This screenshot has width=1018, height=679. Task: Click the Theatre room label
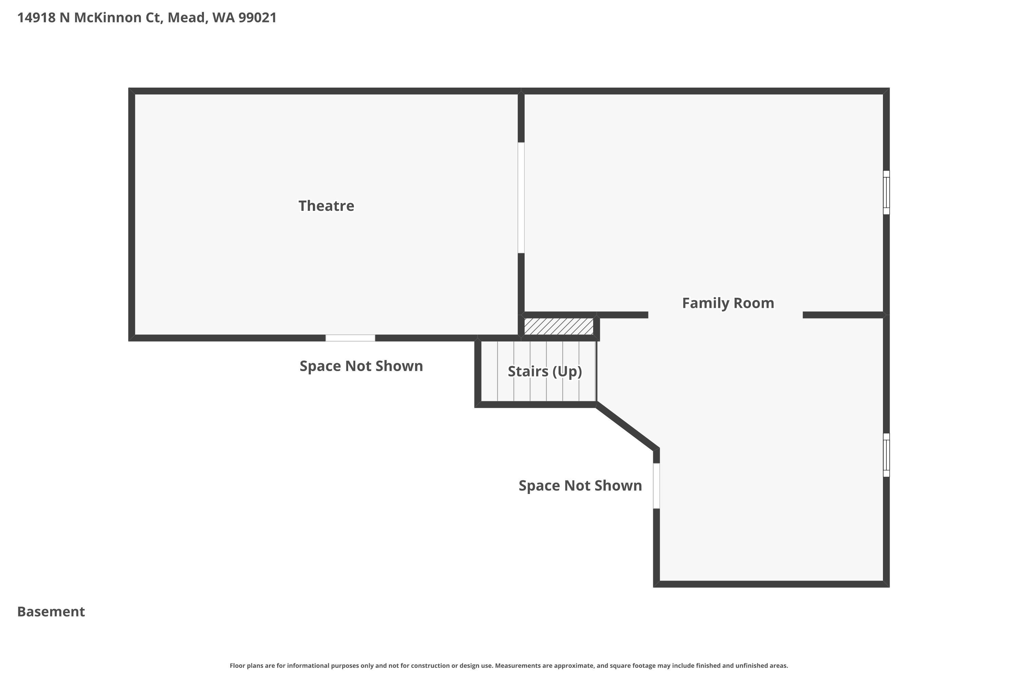tap(326, 206)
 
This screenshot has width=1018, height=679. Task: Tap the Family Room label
tap(728, 303)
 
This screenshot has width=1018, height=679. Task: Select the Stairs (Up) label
tap(545, 371)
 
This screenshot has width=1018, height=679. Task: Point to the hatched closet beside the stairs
tap(559, 326)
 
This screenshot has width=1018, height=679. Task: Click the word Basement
tap(51, 611)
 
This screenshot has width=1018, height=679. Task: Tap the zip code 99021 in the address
tap(258, 18)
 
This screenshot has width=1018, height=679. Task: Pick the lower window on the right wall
tap(886, 455)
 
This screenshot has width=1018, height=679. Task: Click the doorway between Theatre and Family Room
tap(521, 198)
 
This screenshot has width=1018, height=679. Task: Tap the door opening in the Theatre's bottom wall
tap(350, 338)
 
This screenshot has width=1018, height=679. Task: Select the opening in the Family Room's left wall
tap(656, 486)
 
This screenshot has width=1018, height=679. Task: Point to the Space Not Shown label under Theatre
tap(361, 366)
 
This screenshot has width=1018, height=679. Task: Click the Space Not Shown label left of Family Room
tap(580, 486)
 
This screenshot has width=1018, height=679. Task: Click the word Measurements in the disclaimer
tap(518, 665)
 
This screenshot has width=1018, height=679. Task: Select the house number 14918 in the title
tap(37, 18)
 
